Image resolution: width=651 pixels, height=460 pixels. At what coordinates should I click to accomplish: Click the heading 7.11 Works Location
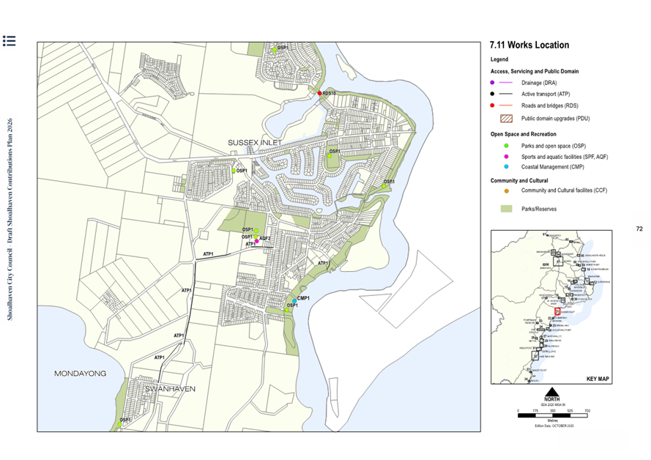(529, 45)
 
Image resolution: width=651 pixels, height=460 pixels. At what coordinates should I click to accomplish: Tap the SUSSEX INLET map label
(254, 142)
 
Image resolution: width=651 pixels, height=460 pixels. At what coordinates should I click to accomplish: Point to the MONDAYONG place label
(80, 374)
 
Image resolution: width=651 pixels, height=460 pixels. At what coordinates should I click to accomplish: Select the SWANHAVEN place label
(169, 389)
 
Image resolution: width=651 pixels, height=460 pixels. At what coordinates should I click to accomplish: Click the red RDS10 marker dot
(320, 93)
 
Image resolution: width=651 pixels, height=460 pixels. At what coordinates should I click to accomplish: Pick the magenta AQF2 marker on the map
(257, 240)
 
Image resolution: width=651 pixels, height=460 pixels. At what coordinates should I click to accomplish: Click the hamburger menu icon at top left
(10, 41)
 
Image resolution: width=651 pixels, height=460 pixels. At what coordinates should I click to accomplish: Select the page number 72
(639, 229)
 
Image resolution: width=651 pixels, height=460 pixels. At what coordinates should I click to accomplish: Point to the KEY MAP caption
(597, 379)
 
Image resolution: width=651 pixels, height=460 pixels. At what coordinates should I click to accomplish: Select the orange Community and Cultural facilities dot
(493, 190)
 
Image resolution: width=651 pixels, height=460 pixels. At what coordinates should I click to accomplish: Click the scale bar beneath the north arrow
(552, 415)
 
